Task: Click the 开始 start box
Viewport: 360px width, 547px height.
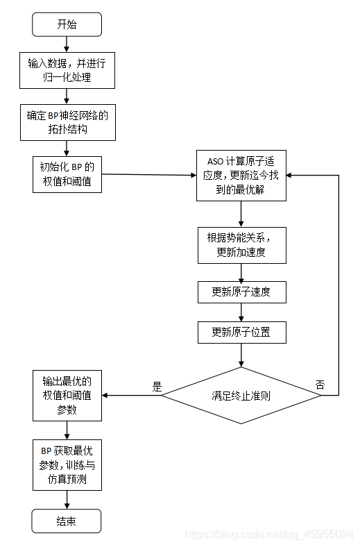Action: [x=67, y=24]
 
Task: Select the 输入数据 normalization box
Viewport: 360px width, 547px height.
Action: [x=67, y=70]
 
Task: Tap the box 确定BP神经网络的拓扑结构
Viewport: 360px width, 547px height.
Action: [x=67, y=122]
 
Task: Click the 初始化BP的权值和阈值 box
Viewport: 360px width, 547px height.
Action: [x=67, y=174]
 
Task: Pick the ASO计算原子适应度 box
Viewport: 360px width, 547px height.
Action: [x=241, y=175]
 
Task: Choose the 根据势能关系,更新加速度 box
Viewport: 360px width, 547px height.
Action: [x=241, y=244]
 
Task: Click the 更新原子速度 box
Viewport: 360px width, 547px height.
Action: [x=241, y=292]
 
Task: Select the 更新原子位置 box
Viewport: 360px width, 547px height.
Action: [x=241, y=332]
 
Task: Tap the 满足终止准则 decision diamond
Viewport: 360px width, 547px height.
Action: [x=241, y=396]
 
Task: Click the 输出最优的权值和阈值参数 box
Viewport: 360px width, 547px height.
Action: [x=67, y=396]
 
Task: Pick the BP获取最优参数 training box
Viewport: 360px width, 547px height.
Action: [x=67, y=464]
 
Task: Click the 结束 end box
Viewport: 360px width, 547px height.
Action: [x=67, y=521]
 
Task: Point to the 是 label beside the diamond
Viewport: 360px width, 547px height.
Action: [x=157, y=387]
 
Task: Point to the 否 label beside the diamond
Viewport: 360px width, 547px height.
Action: [x=320, y=385]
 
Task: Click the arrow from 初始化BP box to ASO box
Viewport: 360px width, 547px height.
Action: [x=148, y=174]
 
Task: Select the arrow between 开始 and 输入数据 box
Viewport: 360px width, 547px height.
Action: [x=67, y=44]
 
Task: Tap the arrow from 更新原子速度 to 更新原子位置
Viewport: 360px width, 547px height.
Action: [x=241, y=312]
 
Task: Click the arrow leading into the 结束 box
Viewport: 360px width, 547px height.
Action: [x=67, y=500]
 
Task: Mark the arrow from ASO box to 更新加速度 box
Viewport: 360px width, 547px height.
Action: [x=241, y=213]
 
